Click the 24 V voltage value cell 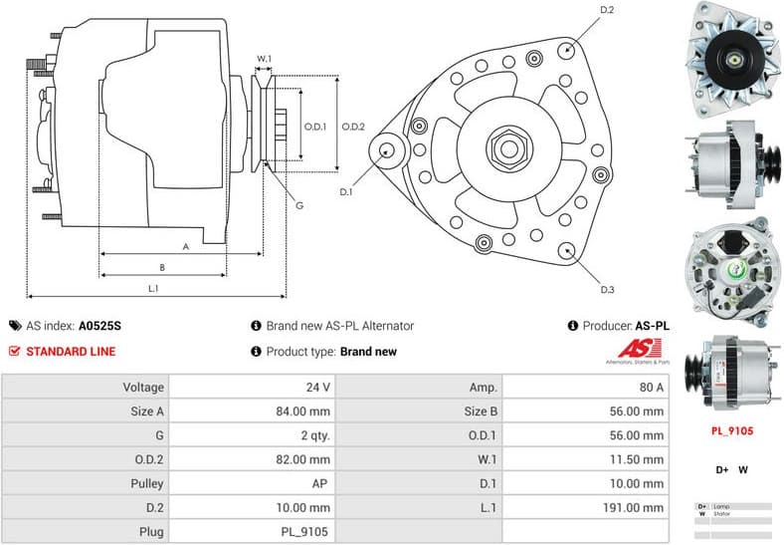pos(319,387)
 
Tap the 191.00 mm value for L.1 pos(637,506)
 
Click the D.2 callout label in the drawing pos(607,10)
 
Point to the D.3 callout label pos(607,290)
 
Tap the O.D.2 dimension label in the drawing pos(353,127)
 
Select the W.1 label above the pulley pos(264,59)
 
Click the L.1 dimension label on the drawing pos(154,289)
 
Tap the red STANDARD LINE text pos(71,351)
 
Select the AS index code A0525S pos(99,326)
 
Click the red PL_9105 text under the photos pos(731,431)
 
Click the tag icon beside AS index pos(15,326)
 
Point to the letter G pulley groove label pos(299,205)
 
